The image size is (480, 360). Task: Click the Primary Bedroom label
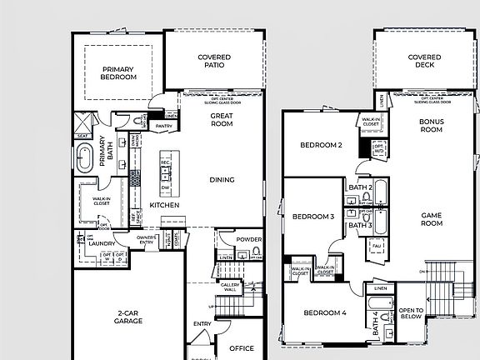118,73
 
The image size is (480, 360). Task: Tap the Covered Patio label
214,62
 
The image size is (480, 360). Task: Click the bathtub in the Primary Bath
85,158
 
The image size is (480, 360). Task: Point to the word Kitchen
162,205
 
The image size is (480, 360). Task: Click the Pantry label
164,127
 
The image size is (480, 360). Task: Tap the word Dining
222,180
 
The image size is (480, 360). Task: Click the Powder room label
249,239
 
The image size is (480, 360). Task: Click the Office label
242,348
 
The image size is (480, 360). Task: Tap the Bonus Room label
431,126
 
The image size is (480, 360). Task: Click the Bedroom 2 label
322,145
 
